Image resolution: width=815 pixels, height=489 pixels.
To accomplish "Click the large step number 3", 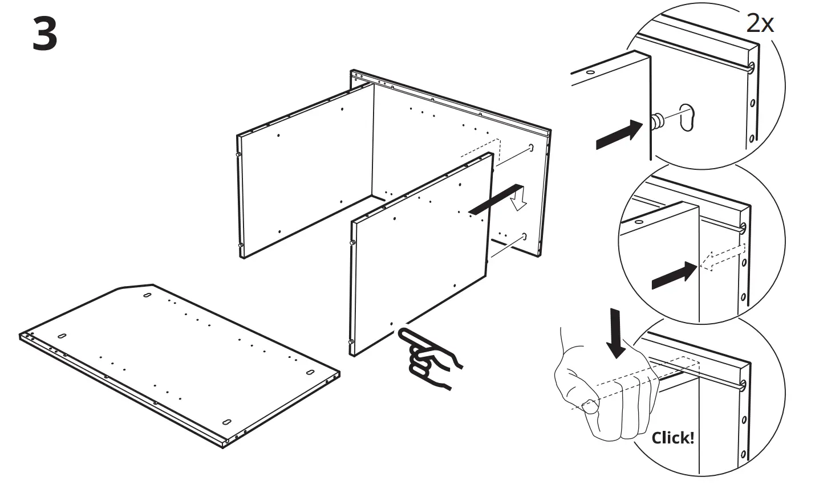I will (44, 33).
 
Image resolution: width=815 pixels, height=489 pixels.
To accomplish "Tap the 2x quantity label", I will (760, 23).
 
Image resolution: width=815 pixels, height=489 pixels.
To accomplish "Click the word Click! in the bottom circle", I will (673, 438).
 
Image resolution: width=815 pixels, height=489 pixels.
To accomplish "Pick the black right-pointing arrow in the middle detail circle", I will (674, 277).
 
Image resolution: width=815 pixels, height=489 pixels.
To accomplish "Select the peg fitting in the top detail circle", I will (658, 120).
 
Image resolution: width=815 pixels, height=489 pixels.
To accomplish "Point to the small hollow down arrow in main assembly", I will (518, 201).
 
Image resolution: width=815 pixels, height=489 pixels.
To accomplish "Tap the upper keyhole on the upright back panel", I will (532, 148).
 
